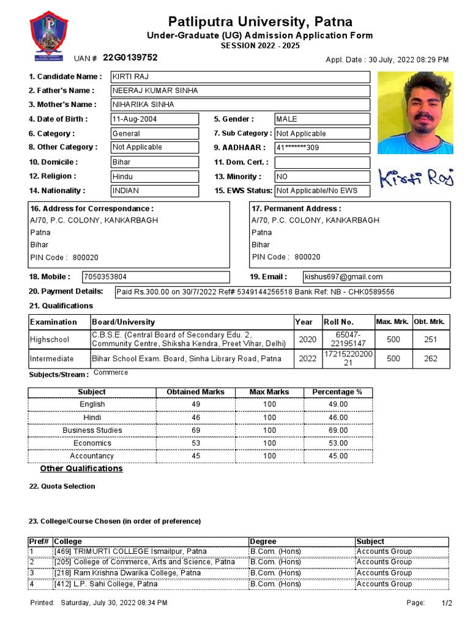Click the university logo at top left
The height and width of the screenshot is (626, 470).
click(x=49, y=35)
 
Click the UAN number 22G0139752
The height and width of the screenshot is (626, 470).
click(x=130, y=57)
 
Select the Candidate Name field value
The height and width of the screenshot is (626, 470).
click(x=240, y=76)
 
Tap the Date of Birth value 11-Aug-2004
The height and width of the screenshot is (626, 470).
click(x=154, y=119)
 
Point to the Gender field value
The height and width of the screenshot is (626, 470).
click(x=322, y=119)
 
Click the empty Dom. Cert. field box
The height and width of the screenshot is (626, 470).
click(x=322, y=162)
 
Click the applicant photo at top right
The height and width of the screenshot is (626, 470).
click(x=416, y=112)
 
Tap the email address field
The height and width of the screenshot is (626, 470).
click(x=377, y=277)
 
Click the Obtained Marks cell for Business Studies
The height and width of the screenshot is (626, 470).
click(x=195, y=430)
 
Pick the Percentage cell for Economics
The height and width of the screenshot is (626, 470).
click(x=337, y=443)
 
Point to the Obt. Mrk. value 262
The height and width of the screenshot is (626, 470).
click(x=431, y=359)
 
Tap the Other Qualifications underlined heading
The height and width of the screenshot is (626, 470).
click(x=81, y=469)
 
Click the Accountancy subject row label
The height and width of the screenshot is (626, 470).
click(x=92, y=456)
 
